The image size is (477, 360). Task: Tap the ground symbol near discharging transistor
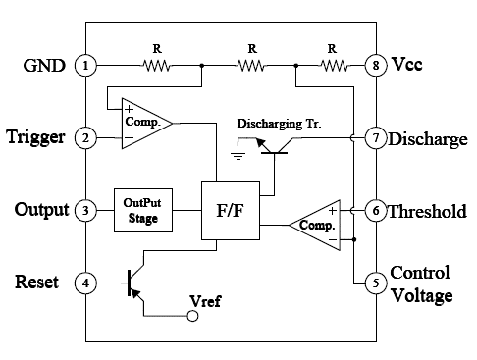238,156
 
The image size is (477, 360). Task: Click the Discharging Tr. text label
279,124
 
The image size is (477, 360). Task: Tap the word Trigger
35,137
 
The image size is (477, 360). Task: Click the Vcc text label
407,64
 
